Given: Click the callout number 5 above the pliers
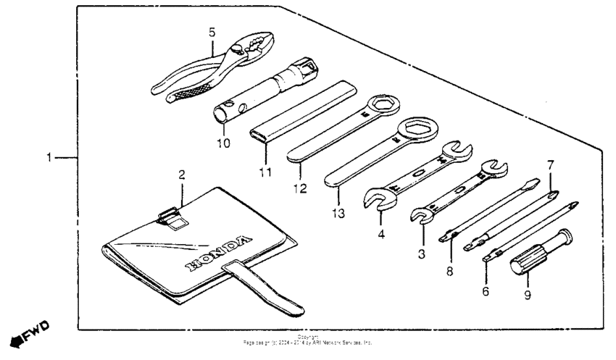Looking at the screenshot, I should pos(212,33).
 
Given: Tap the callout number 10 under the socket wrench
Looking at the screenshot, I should pos(223,143).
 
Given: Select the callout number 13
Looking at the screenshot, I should pos(338,213).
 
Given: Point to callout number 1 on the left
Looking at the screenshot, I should pos(49,157).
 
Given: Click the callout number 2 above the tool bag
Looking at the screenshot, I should pos(182,175).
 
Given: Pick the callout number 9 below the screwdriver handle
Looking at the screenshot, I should pos(527,295).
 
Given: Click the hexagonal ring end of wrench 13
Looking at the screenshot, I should pos(417,130).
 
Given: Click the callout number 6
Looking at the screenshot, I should pos(486,291).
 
